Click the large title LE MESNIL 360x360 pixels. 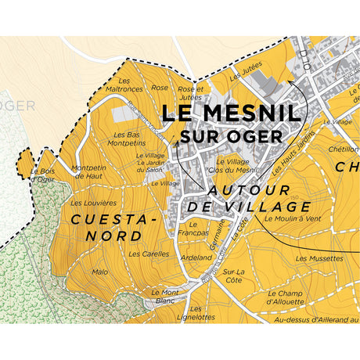click(230, 113)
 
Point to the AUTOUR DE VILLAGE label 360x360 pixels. click(250, 199)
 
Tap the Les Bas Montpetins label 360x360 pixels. click(124, 139)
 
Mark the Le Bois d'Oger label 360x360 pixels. click(44, 175)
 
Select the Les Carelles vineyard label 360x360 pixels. click(149, 254)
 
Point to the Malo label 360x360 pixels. click(100, 272)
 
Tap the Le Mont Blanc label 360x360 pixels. click(165, 296)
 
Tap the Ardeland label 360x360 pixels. click(196, 257)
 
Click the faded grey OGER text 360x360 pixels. click(17, 106)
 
